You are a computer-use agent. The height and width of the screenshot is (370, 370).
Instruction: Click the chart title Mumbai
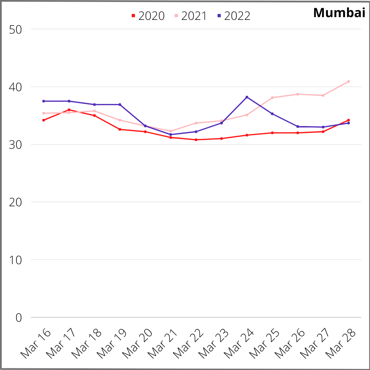338,13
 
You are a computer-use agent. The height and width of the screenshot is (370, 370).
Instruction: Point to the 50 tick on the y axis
15,29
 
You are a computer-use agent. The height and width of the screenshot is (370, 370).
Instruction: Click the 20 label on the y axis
15,202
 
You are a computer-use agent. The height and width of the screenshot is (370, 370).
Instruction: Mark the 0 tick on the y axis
18,318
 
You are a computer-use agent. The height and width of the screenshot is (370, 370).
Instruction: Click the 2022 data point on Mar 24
247,97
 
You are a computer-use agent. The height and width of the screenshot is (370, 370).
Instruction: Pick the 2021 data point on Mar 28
348,82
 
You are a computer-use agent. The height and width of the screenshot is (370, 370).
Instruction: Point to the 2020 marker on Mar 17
69,110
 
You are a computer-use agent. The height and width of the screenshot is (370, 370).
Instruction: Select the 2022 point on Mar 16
44,101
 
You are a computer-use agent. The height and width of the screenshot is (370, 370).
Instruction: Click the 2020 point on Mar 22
196,140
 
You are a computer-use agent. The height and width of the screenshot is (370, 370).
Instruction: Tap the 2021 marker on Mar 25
272,98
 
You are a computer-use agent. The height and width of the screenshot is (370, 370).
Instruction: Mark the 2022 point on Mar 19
120,104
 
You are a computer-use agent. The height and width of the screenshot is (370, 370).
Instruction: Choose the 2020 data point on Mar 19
120,129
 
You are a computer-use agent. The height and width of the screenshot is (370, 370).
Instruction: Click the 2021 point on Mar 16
44,113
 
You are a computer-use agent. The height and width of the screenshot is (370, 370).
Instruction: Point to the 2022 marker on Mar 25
272,114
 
